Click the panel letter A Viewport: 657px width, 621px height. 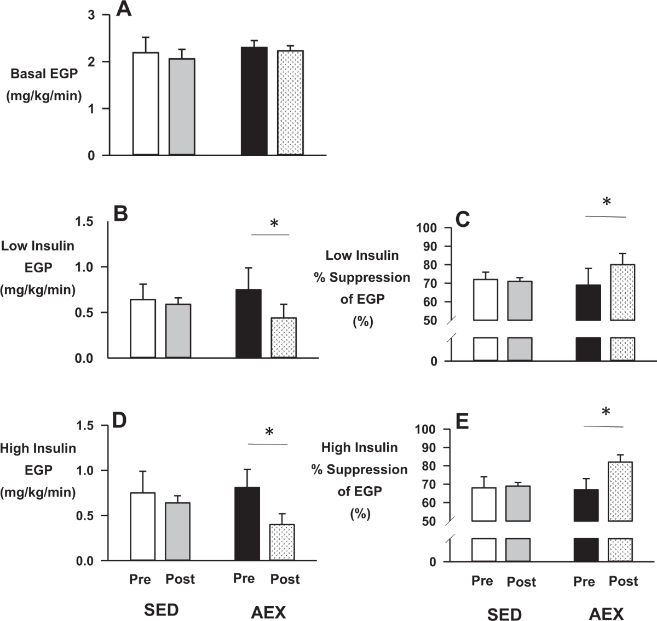click(124, 9)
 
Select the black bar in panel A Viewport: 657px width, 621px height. click(254, 101)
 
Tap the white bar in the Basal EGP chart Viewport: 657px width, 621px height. click(146, 104)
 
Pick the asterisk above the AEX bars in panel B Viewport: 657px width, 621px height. click(274, 224)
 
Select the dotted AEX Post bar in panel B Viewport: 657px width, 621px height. click(284, 338)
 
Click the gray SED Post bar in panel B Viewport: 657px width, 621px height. click(178, 331)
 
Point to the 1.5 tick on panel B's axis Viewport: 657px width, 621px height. click(85, 221)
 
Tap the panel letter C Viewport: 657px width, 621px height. click(463, 219)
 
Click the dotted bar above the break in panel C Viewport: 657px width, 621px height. click(623, 292)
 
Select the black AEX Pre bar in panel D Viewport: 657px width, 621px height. click(247, 523)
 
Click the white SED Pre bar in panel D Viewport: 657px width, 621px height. click(143, 526)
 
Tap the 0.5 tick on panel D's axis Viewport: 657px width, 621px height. click(85, 516)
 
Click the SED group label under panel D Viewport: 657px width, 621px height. click(161, 610)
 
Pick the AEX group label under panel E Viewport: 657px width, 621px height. click(606, 613)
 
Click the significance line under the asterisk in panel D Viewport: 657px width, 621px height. click(268, 444)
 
